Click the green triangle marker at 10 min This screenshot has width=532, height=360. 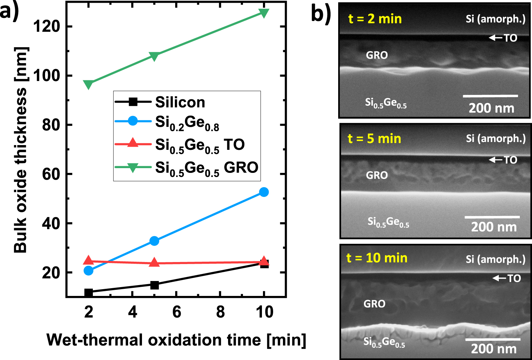point(264,13)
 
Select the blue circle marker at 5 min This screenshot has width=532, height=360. point(154,241)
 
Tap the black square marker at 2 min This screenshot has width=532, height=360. point(88,292)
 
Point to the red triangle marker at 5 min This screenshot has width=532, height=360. point(154,262)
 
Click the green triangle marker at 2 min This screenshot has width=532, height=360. point(88,84)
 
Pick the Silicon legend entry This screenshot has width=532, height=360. point(180,102)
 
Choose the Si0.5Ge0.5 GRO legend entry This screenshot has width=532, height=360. point(206,168)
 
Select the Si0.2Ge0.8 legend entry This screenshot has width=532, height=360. point(187,123)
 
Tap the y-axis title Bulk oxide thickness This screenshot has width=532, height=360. point(20,149)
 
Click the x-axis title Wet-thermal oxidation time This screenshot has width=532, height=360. point(176,340)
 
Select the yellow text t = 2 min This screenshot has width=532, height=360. point(375,19)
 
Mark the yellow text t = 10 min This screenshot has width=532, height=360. point(377,258)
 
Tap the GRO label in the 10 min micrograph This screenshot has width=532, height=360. point(374,304)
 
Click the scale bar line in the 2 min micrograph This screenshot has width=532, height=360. point(490,96)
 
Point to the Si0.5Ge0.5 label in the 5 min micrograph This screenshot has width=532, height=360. point(388,222)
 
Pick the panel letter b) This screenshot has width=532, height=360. point(321,14)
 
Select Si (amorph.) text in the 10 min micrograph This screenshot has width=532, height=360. point(495,259)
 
